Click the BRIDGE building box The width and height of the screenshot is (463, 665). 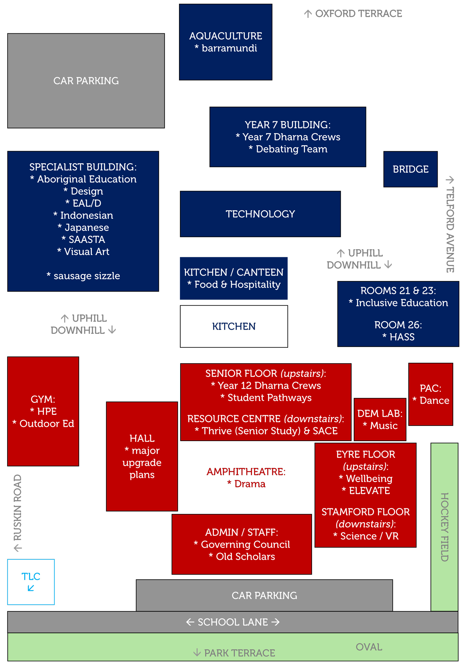pos(410,169)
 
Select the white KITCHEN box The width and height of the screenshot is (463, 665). pos(234,326)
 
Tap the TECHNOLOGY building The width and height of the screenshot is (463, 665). pos(260,214)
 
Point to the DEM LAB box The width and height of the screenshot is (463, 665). pos(380,419)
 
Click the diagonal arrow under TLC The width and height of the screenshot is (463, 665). pos(31,588)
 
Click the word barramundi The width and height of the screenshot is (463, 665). pos(229,48)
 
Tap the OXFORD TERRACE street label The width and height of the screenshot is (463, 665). pos(358,14)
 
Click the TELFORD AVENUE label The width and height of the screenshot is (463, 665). pos(450,229)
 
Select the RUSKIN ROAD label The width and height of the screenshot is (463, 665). pos(18,507)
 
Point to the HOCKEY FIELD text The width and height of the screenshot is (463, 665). pos(444,527)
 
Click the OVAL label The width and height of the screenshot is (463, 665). pos(369,647)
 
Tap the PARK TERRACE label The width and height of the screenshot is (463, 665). pos(240,653)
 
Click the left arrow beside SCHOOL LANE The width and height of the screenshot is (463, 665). pos(190,622)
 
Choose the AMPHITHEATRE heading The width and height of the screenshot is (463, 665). pos(246,472)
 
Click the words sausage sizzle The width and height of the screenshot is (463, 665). pos(87,276)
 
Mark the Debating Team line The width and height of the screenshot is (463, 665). pos(291,149)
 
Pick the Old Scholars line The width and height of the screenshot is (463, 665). pos(245,556)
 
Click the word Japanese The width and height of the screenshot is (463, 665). pos(87,228)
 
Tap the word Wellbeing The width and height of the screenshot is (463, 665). pos(369,478)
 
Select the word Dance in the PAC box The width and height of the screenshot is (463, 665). pos(434,400)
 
